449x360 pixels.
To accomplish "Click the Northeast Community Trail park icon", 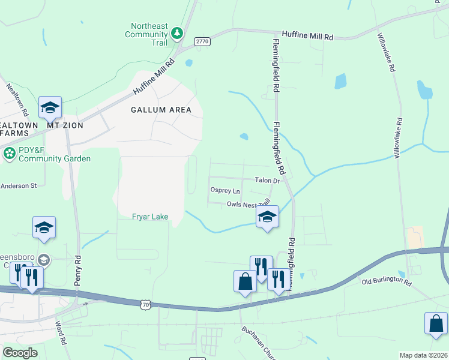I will [x=177, y=32].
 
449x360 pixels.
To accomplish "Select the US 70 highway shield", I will [x=145, y=305].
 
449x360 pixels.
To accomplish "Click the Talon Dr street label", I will [x=267, y=181].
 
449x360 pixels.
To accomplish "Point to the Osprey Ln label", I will [x=224, y=191].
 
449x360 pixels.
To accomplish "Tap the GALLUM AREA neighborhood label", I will [x=161, y=110].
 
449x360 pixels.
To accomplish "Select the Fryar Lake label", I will [x=150, y=217].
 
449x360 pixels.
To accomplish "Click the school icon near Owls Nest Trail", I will [x=268, y=217].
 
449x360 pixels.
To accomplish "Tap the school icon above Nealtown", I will [x=50, y=107].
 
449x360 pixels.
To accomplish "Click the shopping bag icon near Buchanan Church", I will [x=245, y=281].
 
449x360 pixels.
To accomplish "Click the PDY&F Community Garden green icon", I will [x=10, y=154].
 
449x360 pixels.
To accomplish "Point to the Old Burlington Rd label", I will [x=386, y=281].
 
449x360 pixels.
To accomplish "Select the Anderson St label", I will [x=18, y=186].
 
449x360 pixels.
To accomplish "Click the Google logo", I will [x=20, y=353].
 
